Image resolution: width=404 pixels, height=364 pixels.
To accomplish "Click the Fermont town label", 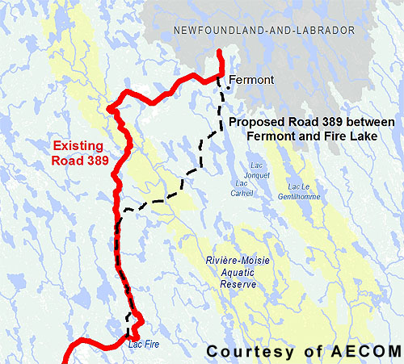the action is coord(252,80).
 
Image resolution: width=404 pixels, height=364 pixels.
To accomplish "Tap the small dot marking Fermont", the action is coord(227,87).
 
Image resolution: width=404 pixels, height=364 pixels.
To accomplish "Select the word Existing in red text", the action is coord(78,147).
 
